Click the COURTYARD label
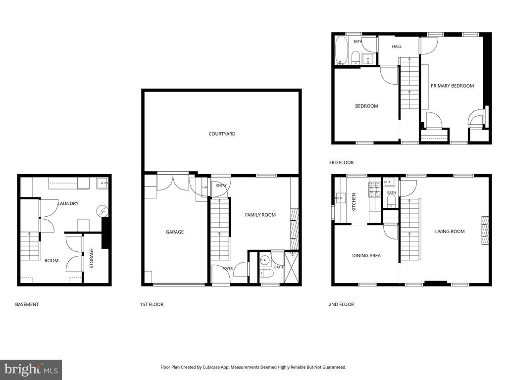tap(222, 134)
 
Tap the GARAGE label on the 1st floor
tap(175, 232)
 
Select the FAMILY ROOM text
tap(260, 215)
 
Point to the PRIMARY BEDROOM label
tap(452, 86)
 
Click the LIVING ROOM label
tap(450, 232)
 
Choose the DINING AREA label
tap(366, 256)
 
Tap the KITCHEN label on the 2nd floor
tap(354, 202)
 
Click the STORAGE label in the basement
tap(92, 258)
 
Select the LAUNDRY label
tap(68, 203)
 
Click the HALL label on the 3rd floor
tap(397, 47)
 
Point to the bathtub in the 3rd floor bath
tap(341, 50)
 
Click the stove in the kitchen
tap(374, 190)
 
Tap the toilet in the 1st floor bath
tap(266, 274)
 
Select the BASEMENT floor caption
tap(27, 304)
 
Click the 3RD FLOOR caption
tap(341, 162)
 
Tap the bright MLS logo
tap(31, 370)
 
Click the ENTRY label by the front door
tap(221, 186)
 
